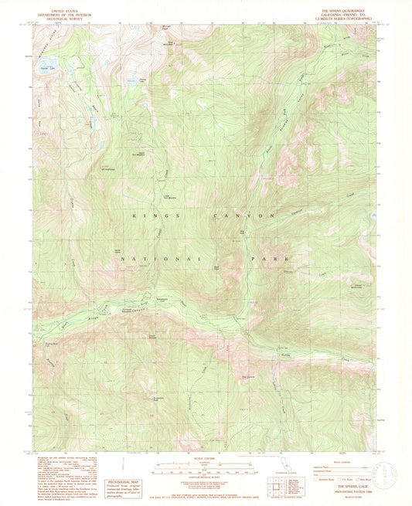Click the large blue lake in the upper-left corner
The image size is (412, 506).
point(45,63)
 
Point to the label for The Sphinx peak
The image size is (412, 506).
point(248,376)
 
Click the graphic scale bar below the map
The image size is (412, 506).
point(206,469)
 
